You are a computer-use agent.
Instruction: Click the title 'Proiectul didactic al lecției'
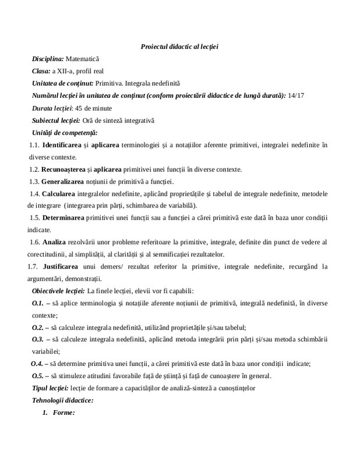pyautogui.click(x=179, y=46)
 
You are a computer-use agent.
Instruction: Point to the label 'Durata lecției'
pyautogui.click(x=52, y=108)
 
